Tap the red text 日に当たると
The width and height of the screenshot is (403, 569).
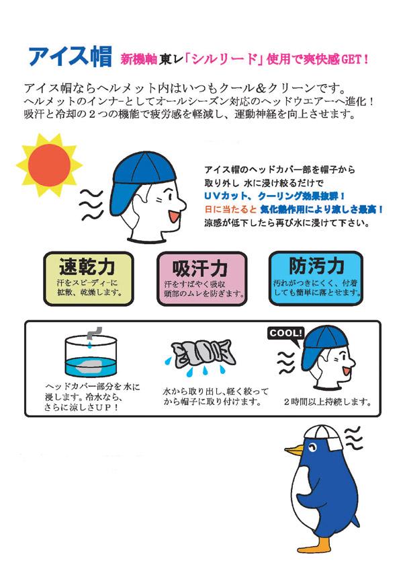click(227, 209)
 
